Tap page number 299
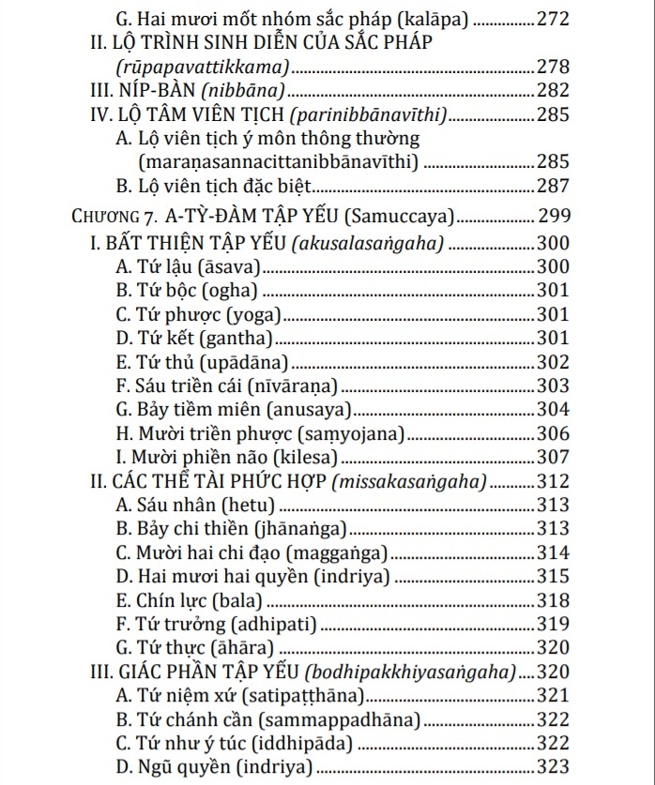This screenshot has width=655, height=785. (552, 218)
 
